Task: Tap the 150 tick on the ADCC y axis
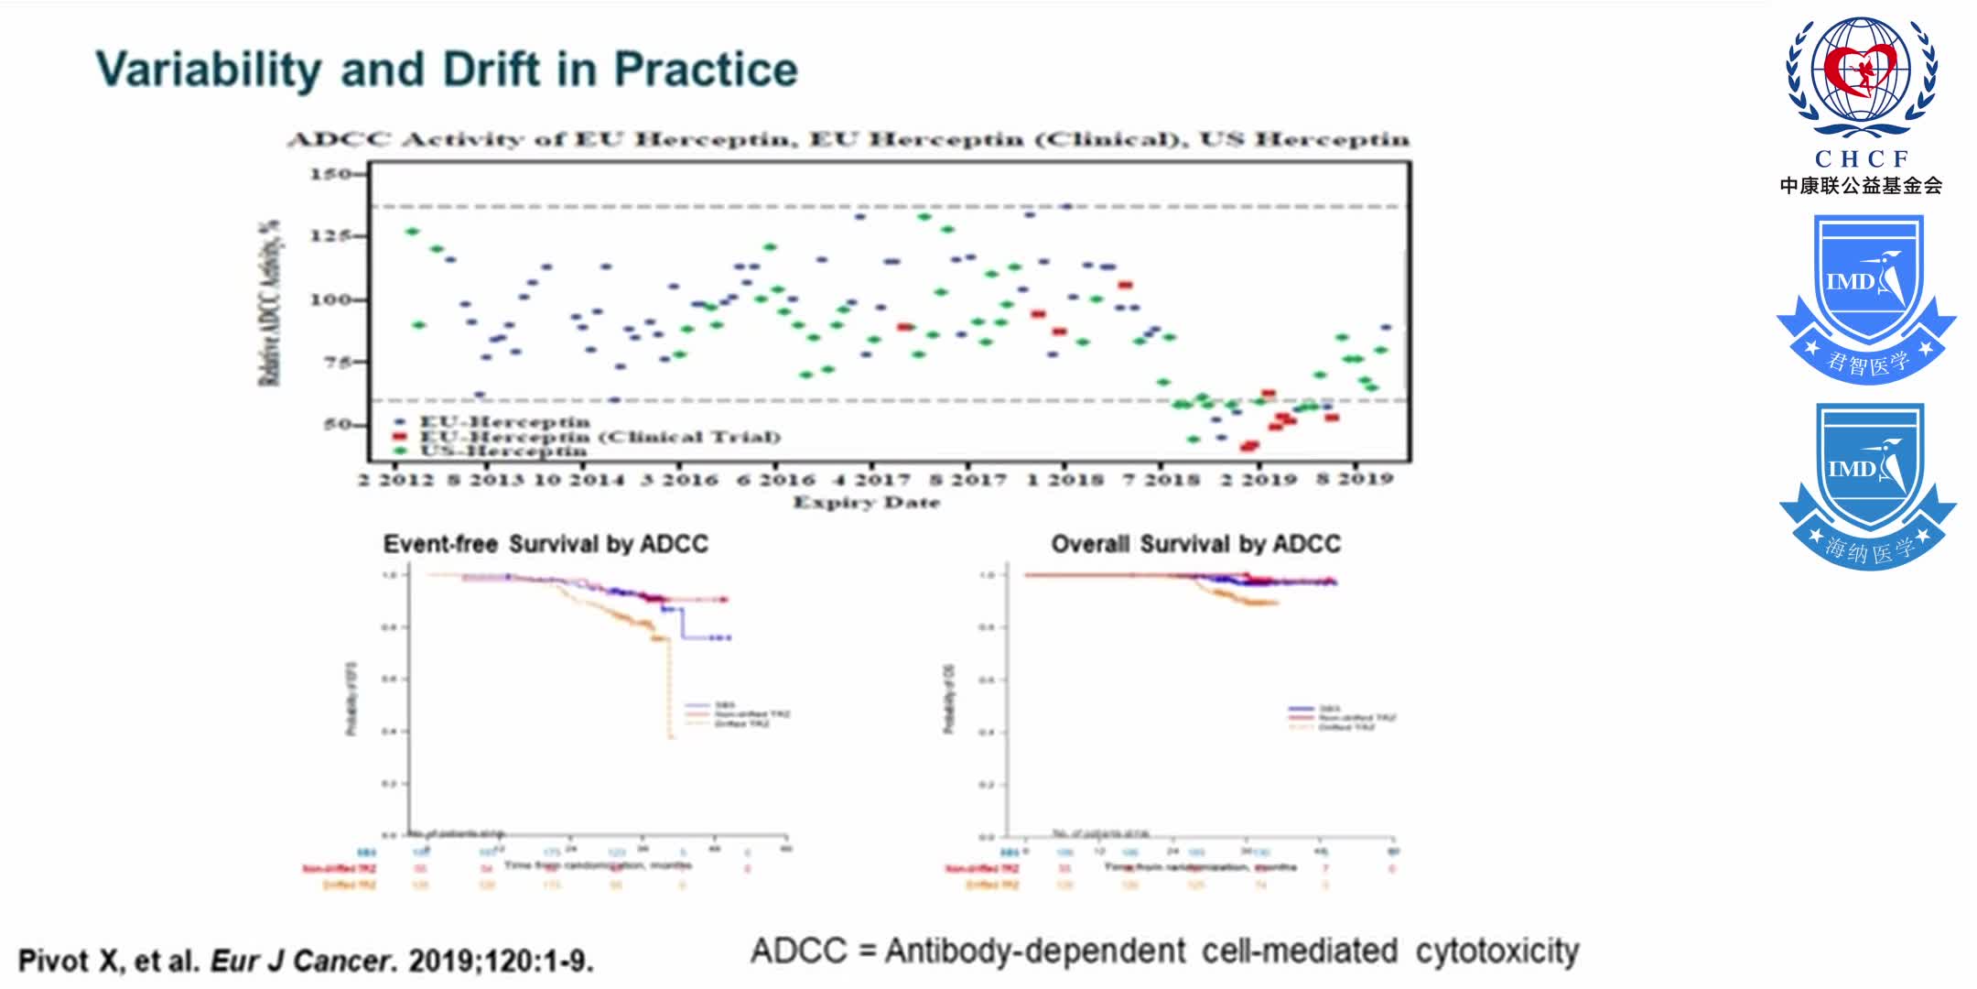coord(330,174)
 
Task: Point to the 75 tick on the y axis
coord(337,362)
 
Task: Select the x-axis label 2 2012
coord(396,480)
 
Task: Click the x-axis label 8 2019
coord(1355,479)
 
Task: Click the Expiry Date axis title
coord(866,502)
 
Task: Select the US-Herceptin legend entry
coord(502,451)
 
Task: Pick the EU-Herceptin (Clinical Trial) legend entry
coord(599,437)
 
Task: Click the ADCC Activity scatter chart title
coord(848,139)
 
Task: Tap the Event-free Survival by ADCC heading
coord(546,544)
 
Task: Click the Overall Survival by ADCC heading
coord(1195,544)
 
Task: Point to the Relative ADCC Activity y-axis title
coord(269,302)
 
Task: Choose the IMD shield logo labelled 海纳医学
coord(1867,485)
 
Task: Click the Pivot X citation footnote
coord(306,961)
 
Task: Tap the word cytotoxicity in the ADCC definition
coord(1496,951)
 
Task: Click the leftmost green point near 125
coord(412,232)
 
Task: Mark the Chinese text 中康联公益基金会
coord(1861,186)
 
